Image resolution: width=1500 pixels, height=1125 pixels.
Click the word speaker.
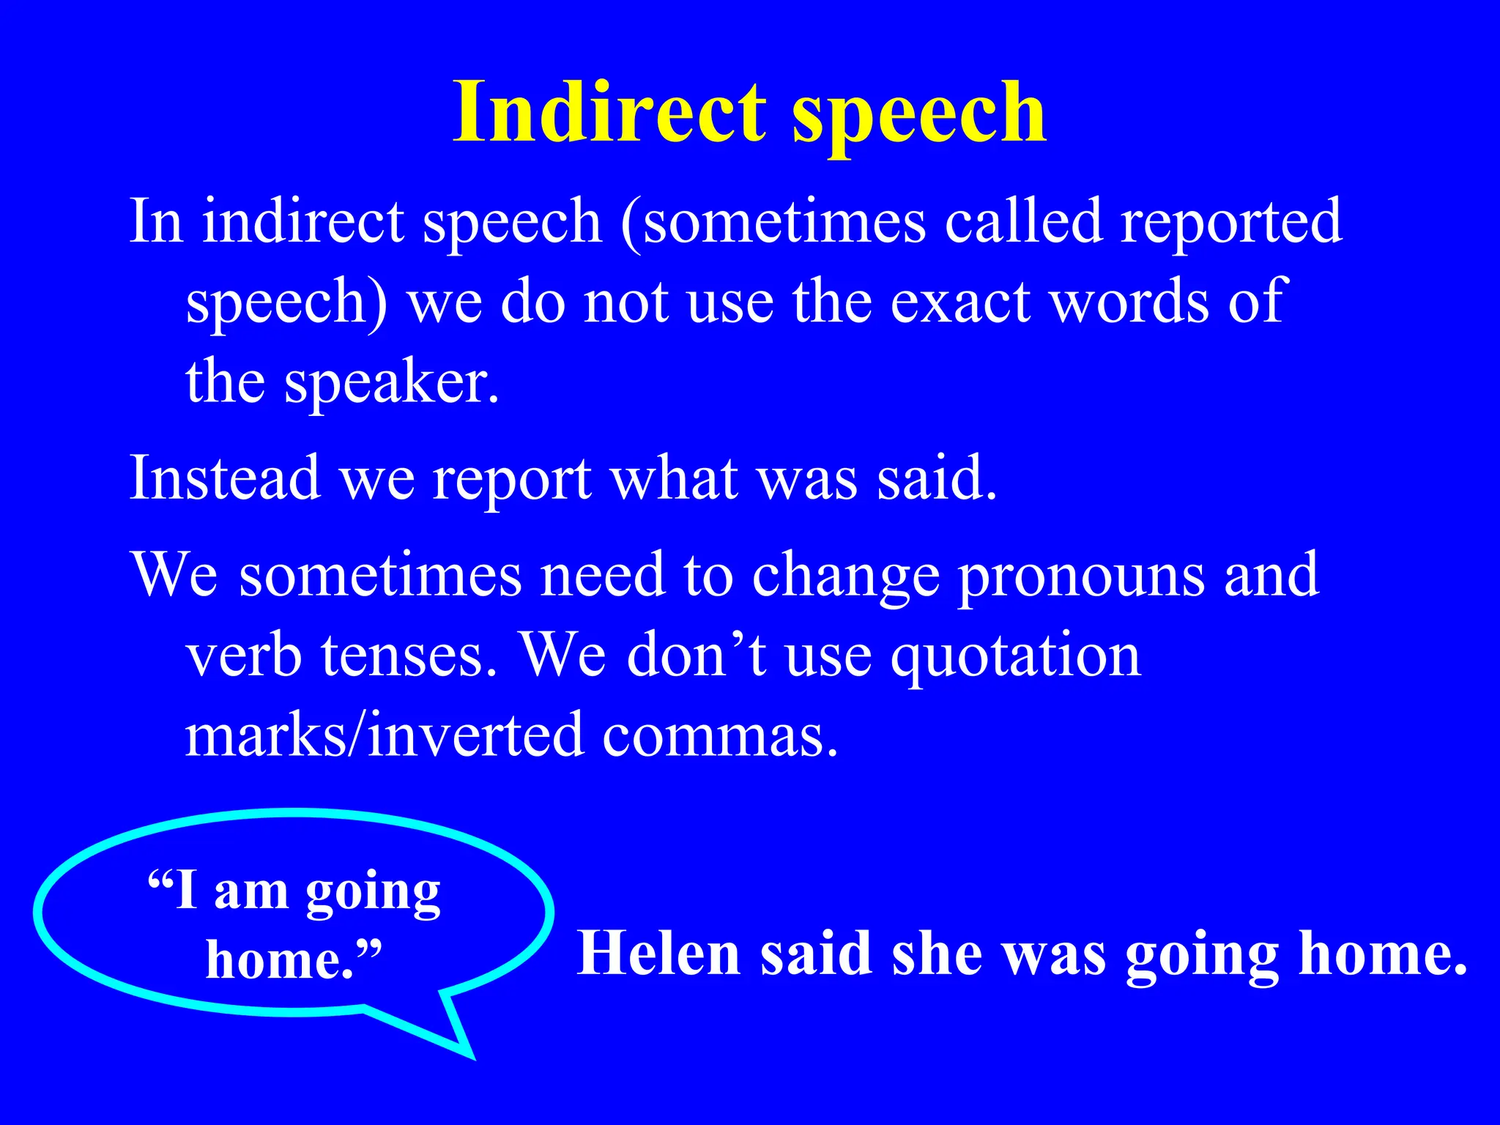392,383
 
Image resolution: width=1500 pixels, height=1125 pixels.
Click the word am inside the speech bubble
250,892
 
